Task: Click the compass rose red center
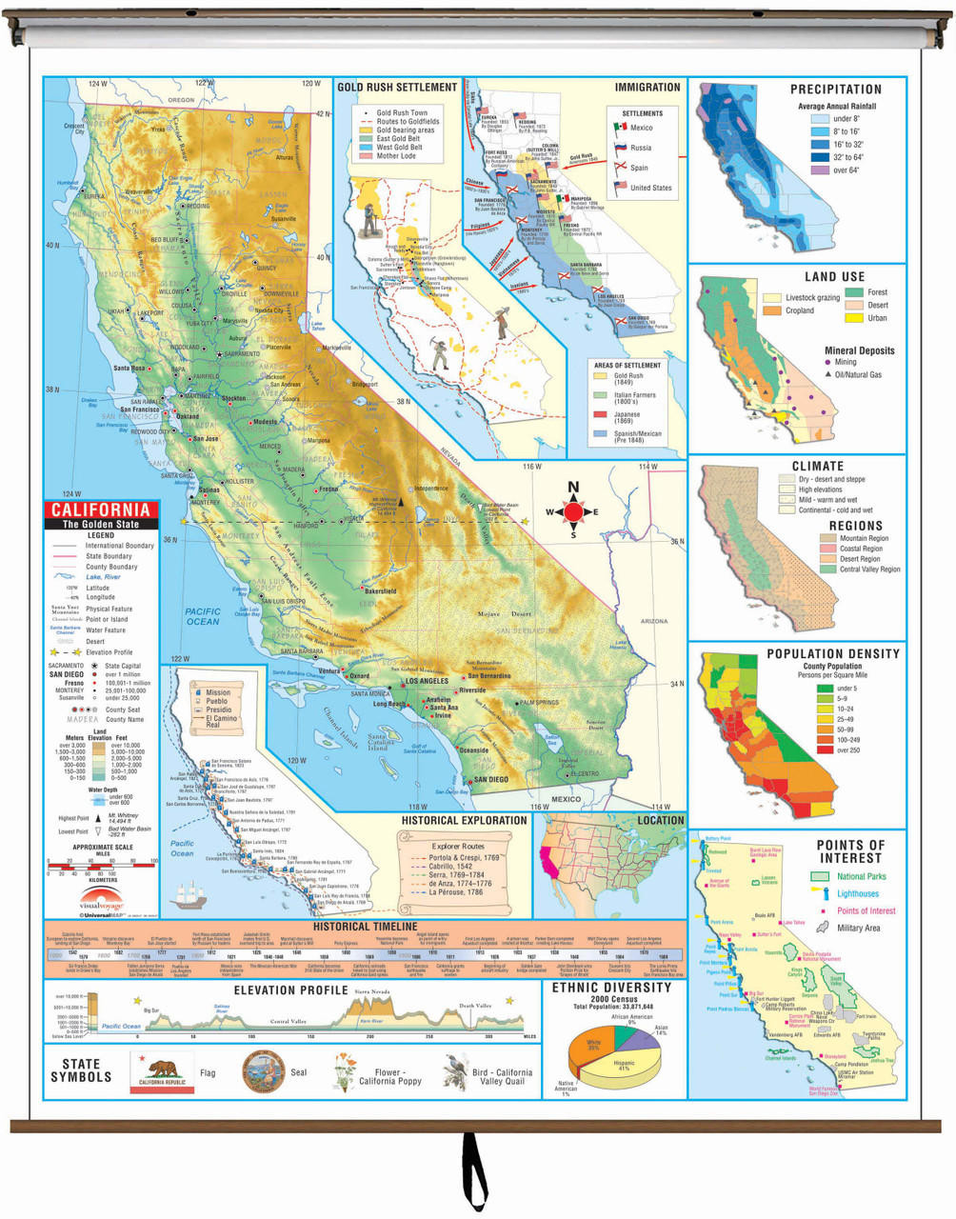pyautogui.click(x=573, y=512)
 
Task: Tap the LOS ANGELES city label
pyautogui.click(x=426, y=682)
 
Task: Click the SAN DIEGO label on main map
pyautogui.click(x=490, y=779)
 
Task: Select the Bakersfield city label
pyautogui.click(x=379, y=591)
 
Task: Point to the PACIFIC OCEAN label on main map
pyautogui.click(x=202, y=616)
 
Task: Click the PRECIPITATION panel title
pyautogui.click(x=835, y=90)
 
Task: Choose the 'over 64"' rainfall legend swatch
pyautogui.click(x=820, y=170)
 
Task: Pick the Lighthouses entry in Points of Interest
pyautogui.click(x=857, y=893)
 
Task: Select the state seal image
pyautogui.click(x=264, y=1071)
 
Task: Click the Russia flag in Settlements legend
pyautogui.click(x=621, y=149)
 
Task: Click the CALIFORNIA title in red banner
pyautogui.click(x=100, y=510)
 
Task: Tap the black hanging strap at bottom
pyautogui.click(x=468, y=1171)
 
